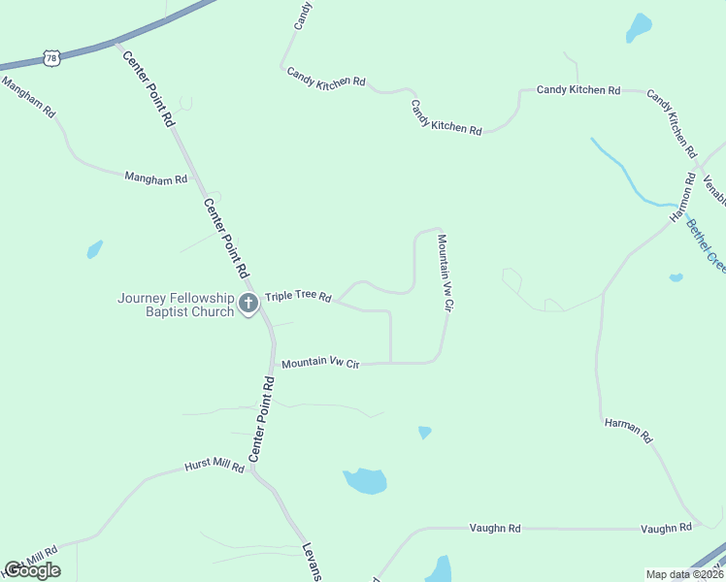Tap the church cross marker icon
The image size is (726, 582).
(x=247, y=304)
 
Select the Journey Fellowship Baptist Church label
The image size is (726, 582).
(x=176, y=305)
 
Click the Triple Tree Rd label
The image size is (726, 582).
(x=299, y=297)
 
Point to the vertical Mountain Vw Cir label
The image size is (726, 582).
(x=445, y=273)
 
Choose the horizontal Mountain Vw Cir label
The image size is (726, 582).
(x=320, y=364)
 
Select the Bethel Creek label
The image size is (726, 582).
(x=707, y=244)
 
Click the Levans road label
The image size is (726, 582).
(x=311, y=561)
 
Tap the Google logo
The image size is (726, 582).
(x=32, y=570)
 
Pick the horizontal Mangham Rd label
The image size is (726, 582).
(x=155, y=178)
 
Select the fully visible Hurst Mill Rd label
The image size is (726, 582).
(x=214, y=467)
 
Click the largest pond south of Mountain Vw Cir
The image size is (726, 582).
(x=365, y=480)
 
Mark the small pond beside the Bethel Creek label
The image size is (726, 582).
(x=676, y=277)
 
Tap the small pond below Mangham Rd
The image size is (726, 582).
(x=94, y=249)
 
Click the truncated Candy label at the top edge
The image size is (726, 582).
(x=303, y=13)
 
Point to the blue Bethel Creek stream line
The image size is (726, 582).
(x=621, y=175)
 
